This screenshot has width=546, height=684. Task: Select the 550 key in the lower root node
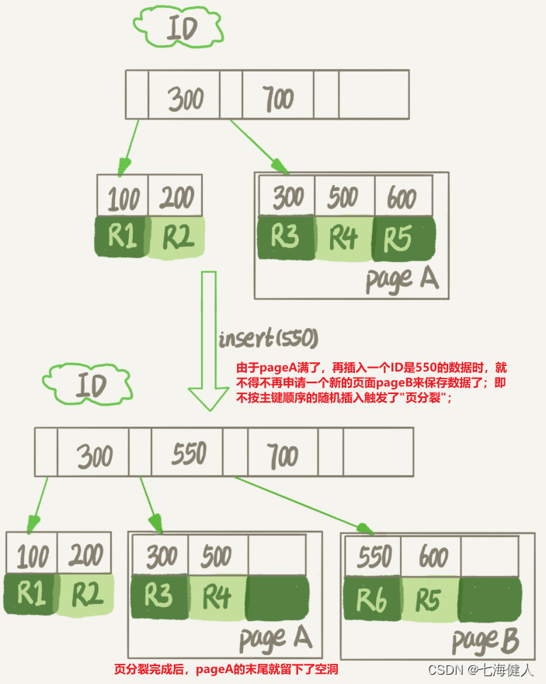188,453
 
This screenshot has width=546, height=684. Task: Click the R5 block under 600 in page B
431,598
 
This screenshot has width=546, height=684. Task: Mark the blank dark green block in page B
490,598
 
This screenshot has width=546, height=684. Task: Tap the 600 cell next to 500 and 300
402,197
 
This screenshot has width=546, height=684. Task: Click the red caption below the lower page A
226,668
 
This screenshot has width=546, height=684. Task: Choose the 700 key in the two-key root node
277,99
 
